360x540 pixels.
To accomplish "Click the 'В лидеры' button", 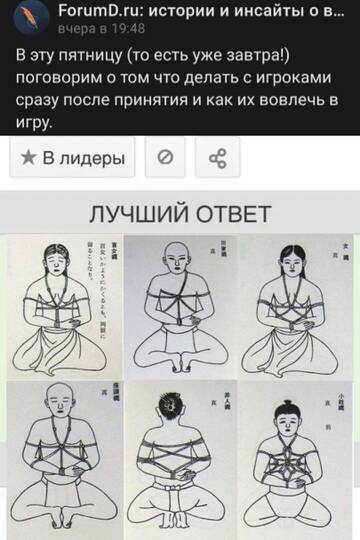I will coord(73,158).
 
